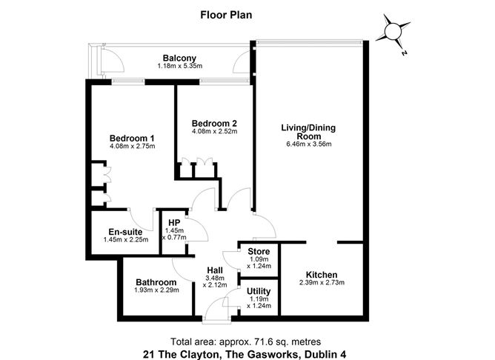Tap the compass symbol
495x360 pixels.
click(x=391, y=32)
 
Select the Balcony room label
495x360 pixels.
click(x=179, y=58)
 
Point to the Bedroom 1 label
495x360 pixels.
click(x=132, y=138)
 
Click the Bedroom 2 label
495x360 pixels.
click(x=213, y=123)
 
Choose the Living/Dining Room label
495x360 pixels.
click(x=308, y=132)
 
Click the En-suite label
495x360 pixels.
click(x=120, y=230)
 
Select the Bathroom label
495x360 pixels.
click(x=156, y=282)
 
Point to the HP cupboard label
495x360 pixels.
click(x=175, y=222)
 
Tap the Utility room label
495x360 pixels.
click(x=259, y=291)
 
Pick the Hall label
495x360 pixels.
click(x=216, y=269)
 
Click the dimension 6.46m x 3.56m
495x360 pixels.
click(x=308, y=144)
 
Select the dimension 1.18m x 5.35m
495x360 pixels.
click(x=179, y=67)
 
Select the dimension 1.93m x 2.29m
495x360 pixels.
click(x=156, y=291)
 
